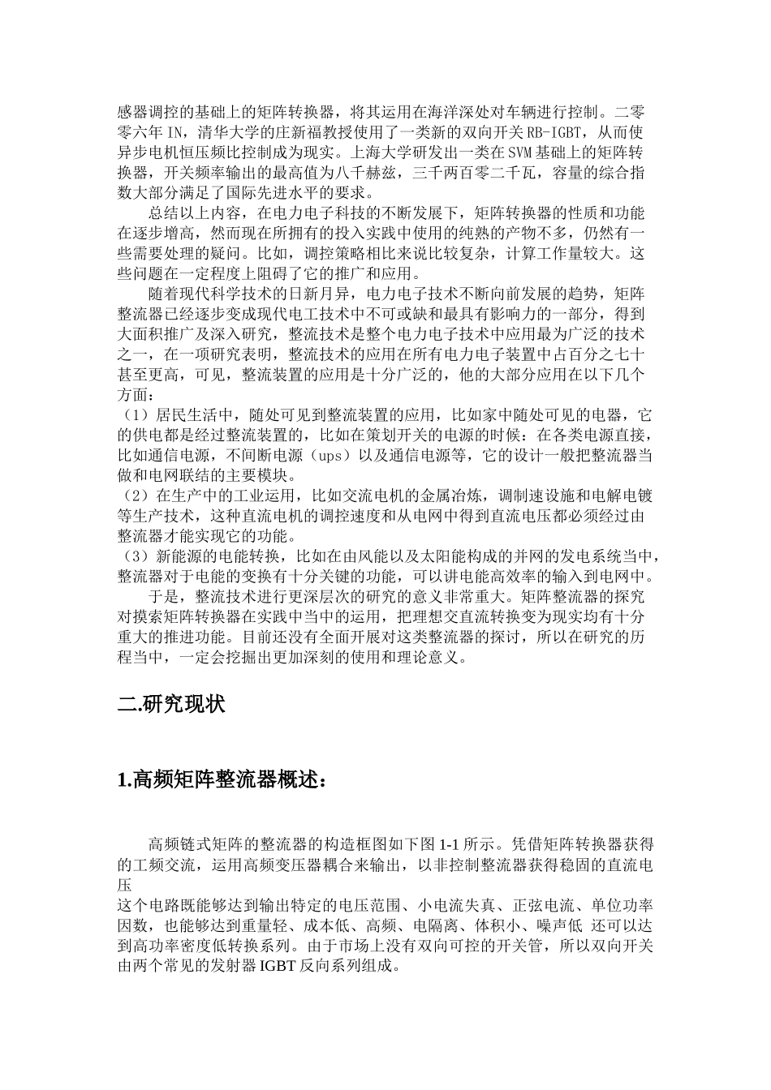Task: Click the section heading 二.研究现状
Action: [171, 704]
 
